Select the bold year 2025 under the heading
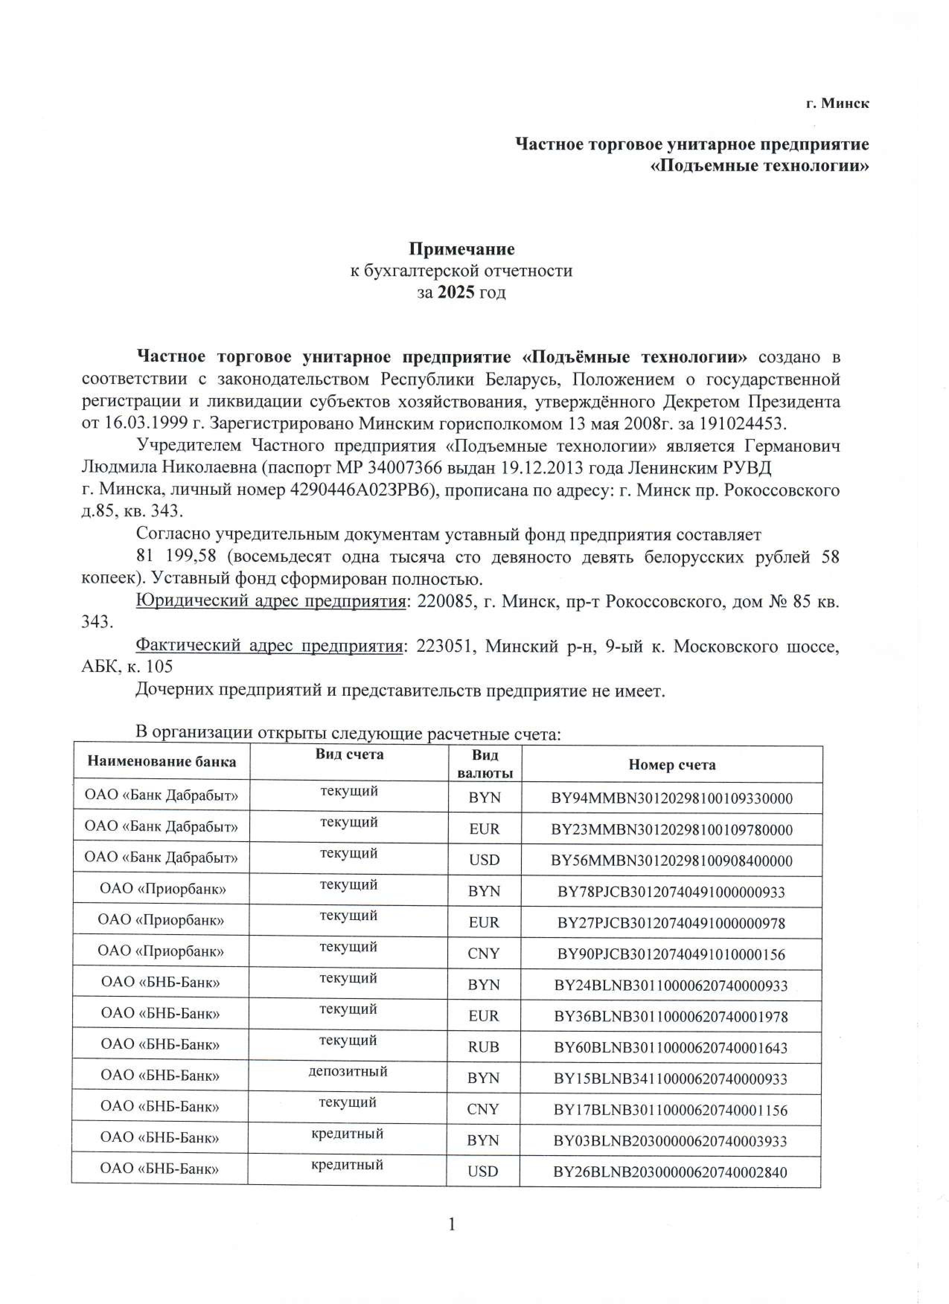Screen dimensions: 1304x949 (x=456, y=293)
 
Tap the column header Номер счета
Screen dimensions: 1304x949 (x=672, y=765)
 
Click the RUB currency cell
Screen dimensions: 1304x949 (x=483, y=1047)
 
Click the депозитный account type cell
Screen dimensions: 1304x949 (x=348, y=1071)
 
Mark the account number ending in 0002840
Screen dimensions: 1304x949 (x=670, y=1172)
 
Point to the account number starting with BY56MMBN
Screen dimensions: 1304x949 (x=672, y=861)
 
